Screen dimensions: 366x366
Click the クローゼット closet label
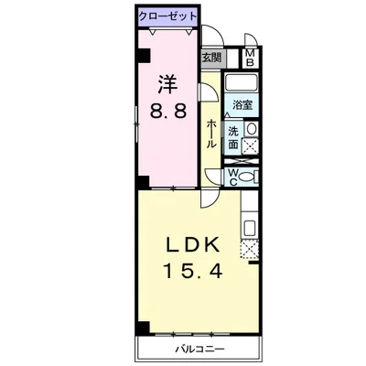pyautogui.click(x=167, y=16)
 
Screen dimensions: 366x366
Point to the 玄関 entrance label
pyautogui.click(x=211, y=58)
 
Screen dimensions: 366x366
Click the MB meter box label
pyautogui.click(x=250, y=58)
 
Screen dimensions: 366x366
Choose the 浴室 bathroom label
pyautogui.click(x=242, y=106)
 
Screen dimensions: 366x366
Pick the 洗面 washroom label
pyautogui.click(x=234, y=137)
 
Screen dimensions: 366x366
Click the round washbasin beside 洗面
pyautogui.click(x=252, y=129)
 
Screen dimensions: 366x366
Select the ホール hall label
pyautogui.click(x=211, y=133)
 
